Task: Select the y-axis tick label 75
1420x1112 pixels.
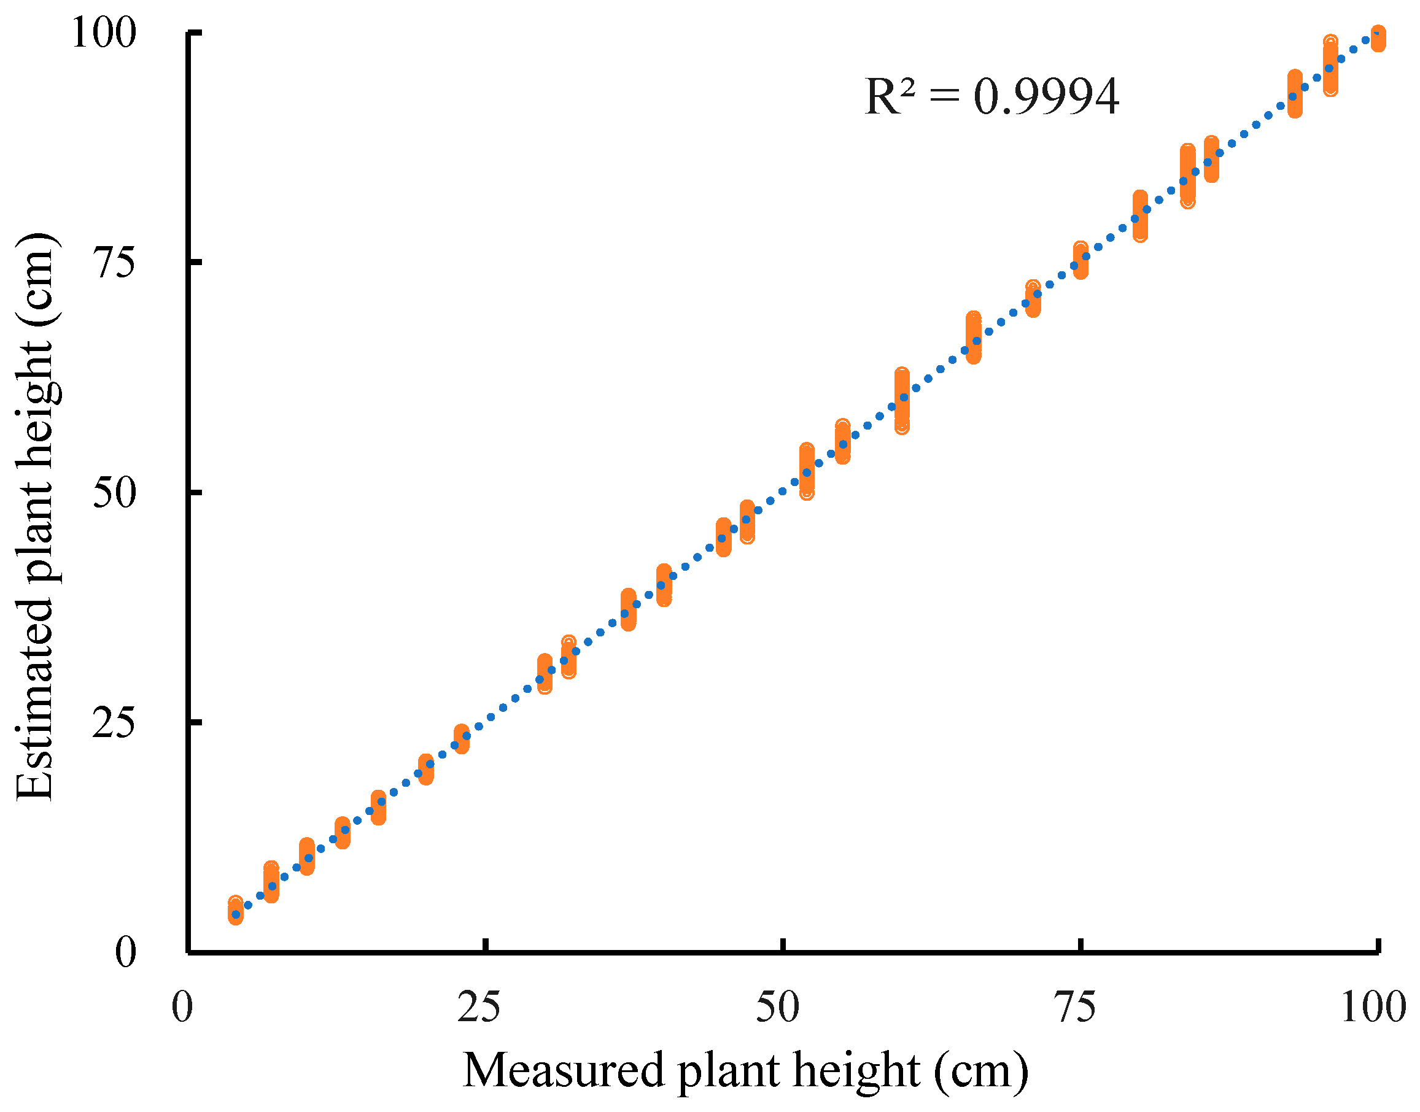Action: [115, 263]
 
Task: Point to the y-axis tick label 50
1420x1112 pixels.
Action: [115, 493]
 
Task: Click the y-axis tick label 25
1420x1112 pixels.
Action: [115, 723]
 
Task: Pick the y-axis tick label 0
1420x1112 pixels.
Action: [125, 952]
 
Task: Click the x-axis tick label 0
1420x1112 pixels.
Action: [182, 1008]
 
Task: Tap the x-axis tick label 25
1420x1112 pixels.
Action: [479, 1008]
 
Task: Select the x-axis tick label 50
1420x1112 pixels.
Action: [777, 1008]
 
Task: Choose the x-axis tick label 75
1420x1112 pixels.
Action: [1075, 1008]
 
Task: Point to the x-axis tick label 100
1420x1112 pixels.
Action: [1373, 1008]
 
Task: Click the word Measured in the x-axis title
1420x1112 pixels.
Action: [564, 1071]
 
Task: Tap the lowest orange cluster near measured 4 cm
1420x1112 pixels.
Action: [236, 910]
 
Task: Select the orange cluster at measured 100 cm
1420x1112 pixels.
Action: [1378, 39]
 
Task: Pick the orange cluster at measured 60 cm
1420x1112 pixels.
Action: [901, 400]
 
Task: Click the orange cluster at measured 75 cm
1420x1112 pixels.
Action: [1081, 260]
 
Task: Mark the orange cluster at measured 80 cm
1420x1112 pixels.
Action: [1140, 216]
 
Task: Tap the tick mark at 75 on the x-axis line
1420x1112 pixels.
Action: [1081, 945]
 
